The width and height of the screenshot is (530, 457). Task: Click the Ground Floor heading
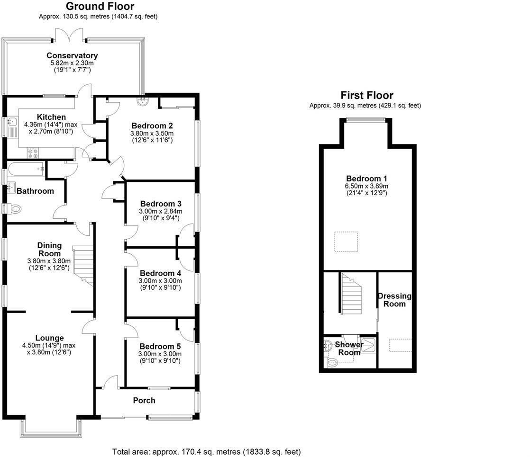point(100,6)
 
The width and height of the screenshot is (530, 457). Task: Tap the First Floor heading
point(366,95)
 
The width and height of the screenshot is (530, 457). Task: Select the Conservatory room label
point(72,55)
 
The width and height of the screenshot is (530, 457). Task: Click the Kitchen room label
point(51,117)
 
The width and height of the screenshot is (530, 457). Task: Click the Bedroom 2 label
point(152,125)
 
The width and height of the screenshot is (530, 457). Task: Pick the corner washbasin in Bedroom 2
point(143,101)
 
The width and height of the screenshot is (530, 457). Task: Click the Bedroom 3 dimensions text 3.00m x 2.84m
point(161,211)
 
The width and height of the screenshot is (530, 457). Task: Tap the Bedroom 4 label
point(160,273)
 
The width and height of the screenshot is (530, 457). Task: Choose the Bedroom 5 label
point(160,346)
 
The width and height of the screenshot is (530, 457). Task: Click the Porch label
point(144,401)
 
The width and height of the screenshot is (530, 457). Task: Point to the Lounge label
point(49,338)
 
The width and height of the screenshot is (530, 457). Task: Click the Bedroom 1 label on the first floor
point(366,179)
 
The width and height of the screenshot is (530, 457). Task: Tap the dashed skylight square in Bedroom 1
point(346,242)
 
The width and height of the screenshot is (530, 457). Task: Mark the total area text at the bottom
point(206,452)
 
